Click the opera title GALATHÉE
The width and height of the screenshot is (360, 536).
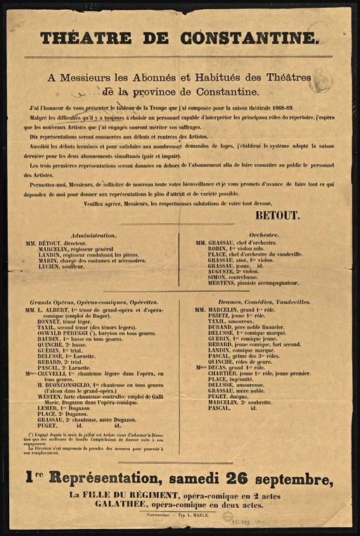pyautogui.click(x=102, y=505)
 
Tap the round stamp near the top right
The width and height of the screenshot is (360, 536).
pyautogui.click(x=320, y=79)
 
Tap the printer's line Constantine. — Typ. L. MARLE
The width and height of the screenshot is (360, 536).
pyautogui.click(x=179, y=514)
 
